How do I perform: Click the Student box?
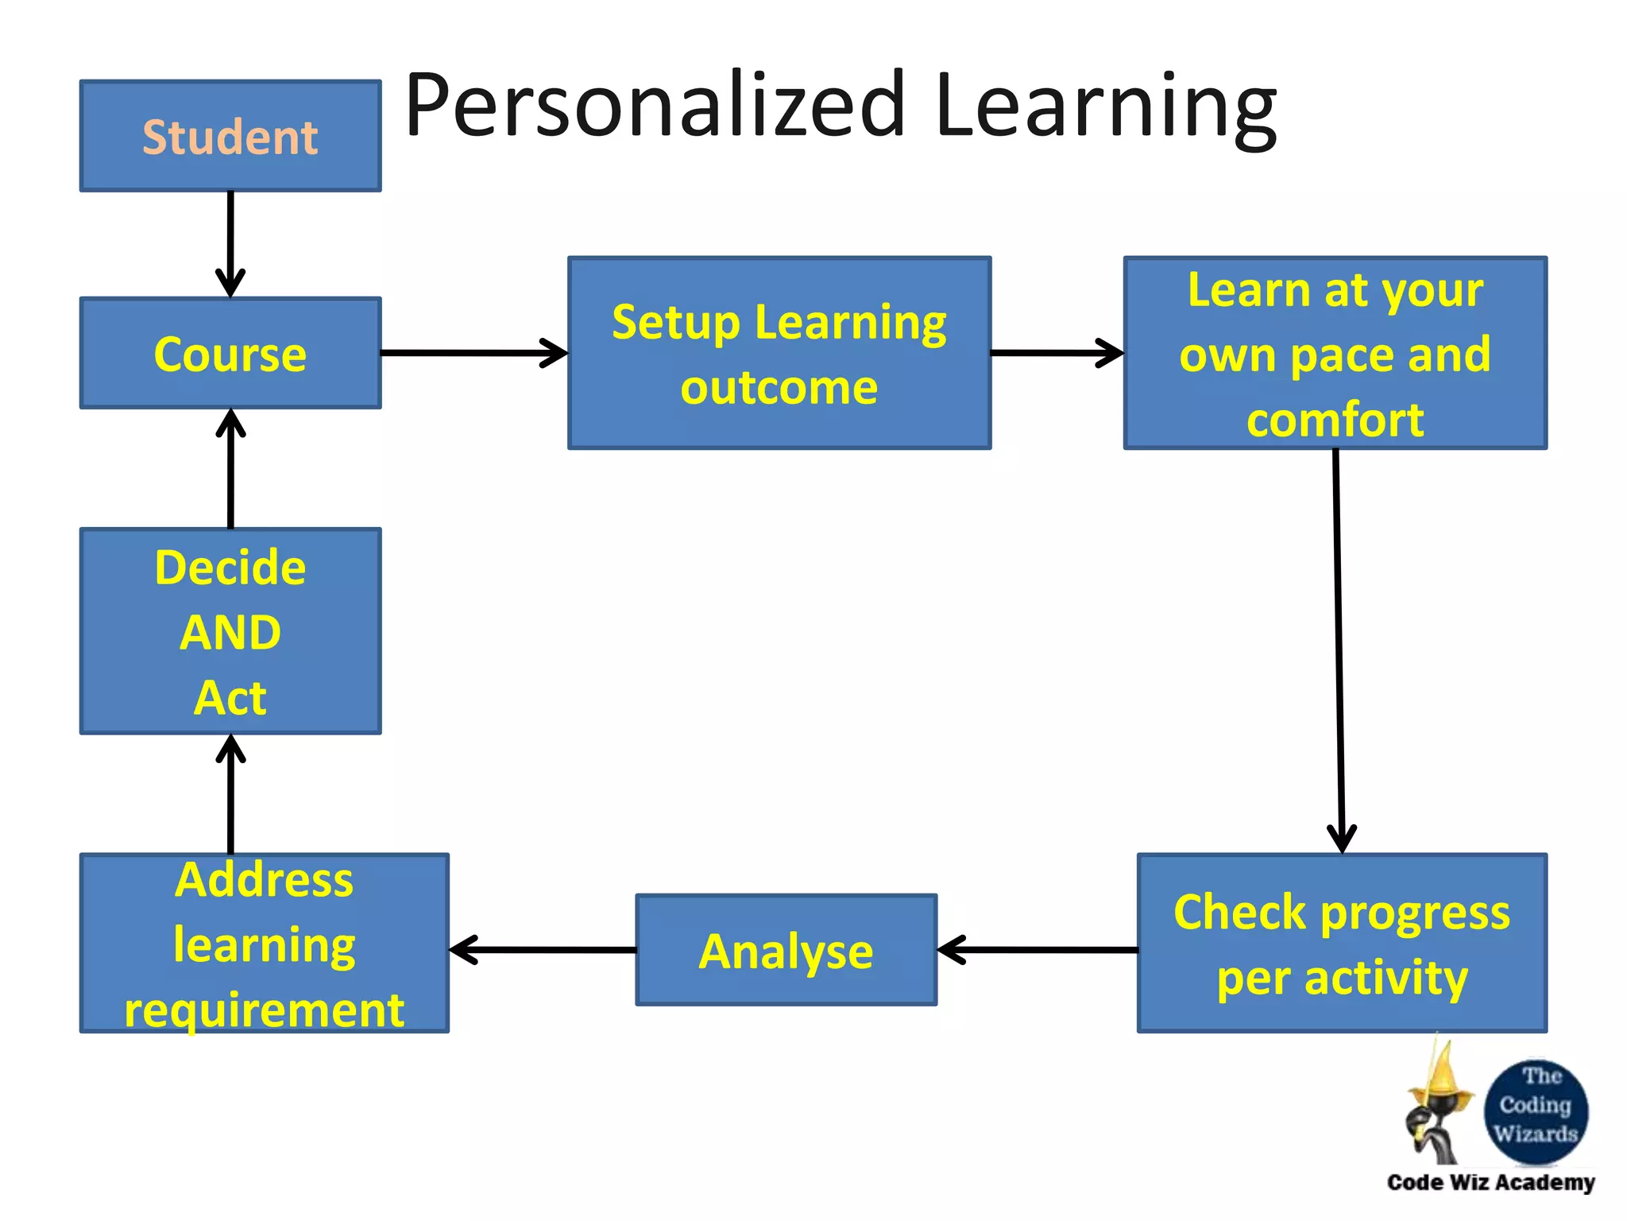230,136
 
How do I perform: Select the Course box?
230,354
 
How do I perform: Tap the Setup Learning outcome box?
779,353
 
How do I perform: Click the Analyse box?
786,951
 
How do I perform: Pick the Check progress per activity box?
1342,944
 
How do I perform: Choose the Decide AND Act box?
230,631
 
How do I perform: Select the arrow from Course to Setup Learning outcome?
474,353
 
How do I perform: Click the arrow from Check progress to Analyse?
1038,950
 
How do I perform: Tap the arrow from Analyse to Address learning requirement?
543,950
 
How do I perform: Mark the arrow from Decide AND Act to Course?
230,468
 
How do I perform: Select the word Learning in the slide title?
1105,107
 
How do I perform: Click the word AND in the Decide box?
230,633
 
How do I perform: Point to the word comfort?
1335,420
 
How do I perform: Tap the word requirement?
265,1010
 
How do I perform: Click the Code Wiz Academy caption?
1490,1183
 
